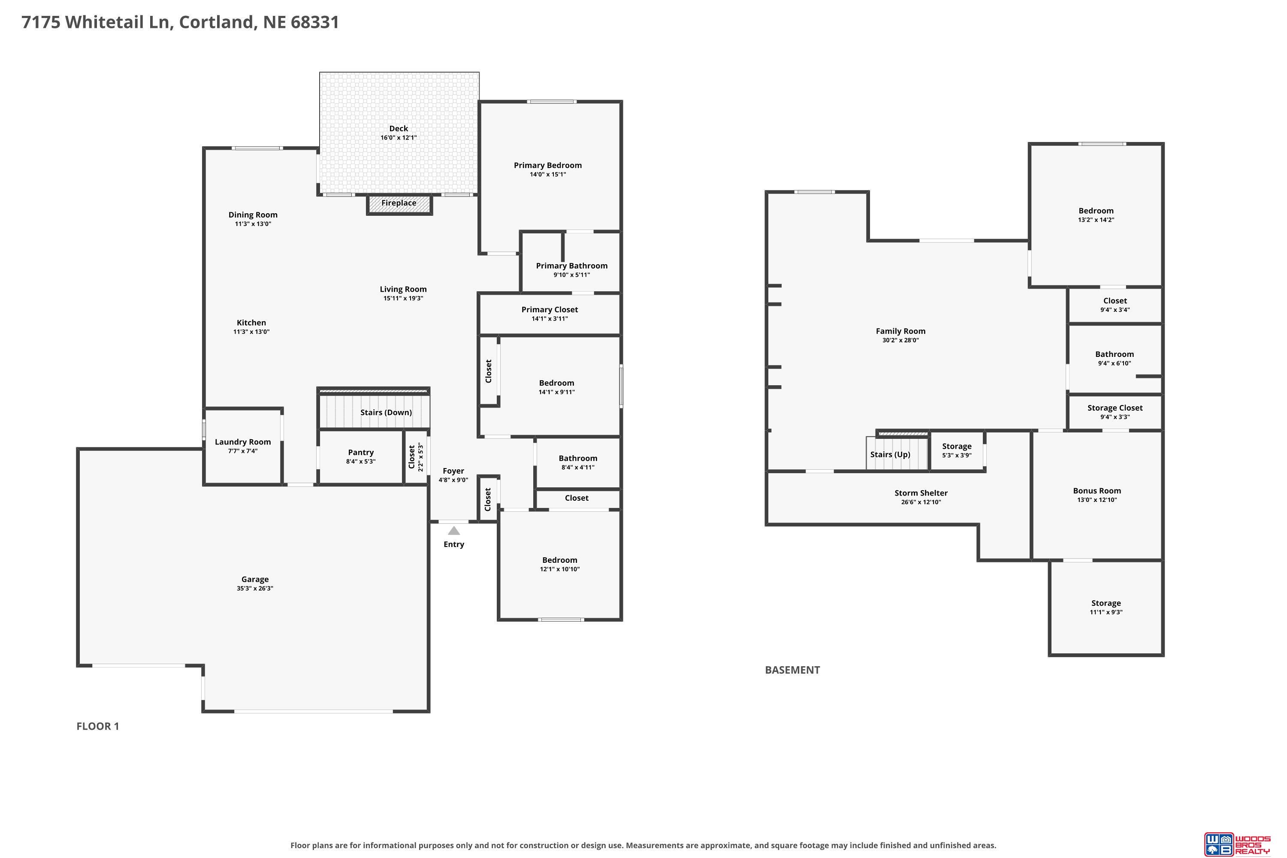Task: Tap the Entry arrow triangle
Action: [453, 530]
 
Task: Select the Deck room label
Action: [399, 129]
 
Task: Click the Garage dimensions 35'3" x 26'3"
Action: [255, 588]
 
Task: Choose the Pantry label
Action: [361, 453]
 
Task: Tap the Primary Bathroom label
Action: [572, 266]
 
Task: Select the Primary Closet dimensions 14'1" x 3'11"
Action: [550, 318]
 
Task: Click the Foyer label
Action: [453, 471]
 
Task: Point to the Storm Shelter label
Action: [921, 493]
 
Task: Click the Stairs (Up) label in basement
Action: [890, 455]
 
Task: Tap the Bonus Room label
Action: [1097, 491]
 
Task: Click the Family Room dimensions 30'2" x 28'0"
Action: [900, 340]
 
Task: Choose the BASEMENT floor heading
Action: [792, 670]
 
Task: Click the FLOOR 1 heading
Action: [97, 726]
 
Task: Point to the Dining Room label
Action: [253, 215]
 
